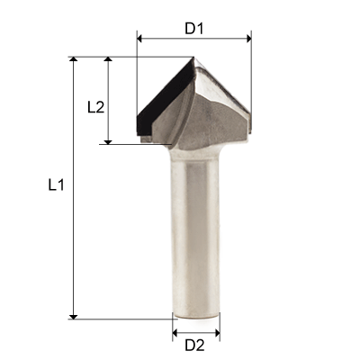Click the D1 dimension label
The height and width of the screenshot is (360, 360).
click(194, 27)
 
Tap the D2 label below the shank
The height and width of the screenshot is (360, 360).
click(194, 344)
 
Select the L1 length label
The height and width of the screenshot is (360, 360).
click(56, 186)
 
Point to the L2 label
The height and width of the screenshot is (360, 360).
click(96, 106)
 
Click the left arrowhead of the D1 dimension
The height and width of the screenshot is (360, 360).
click(140, 39)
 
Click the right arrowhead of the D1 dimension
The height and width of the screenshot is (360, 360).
click(247, 39)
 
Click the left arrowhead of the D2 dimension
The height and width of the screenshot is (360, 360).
click(175, 330)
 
